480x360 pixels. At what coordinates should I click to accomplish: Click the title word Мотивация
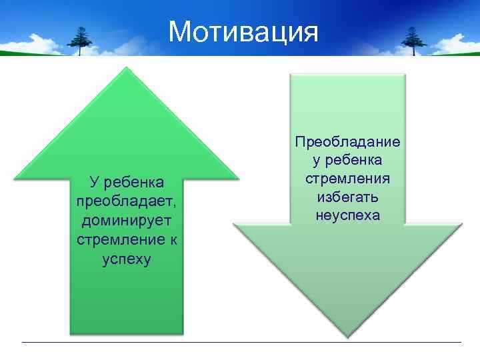coord(243,31)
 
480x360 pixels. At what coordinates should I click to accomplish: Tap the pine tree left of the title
coord(82,41)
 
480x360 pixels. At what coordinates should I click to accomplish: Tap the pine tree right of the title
coord(415,41)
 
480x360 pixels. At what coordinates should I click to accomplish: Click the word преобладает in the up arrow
coord(126,201)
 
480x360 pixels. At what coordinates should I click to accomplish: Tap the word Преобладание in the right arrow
coord(347,142)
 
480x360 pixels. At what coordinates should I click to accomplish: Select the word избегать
coord(347,197)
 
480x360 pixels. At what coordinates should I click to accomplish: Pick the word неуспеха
coord(347,216)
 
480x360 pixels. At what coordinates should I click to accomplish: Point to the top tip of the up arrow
coord(127,67)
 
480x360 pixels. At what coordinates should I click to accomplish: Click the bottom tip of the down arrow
coord(347,337)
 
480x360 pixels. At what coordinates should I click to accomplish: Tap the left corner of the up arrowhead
coord(15,179)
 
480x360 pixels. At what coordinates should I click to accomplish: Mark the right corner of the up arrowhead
coord(238,178)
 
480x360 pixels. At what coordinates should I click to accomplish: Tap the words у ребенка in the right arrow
coord(347,161)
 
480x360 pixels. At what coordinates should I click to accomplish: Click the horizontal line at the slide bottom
coord(240,343)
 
